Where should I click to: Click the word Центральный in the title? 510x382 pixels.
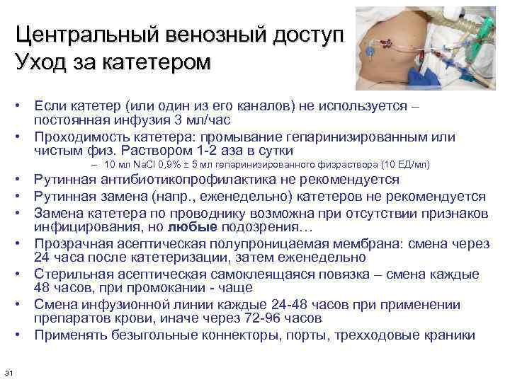pos(90,35)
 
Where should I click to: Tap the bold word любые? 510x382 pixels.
pos(193,226)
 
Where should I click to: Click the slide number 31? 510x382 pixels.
pos(8,372)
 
